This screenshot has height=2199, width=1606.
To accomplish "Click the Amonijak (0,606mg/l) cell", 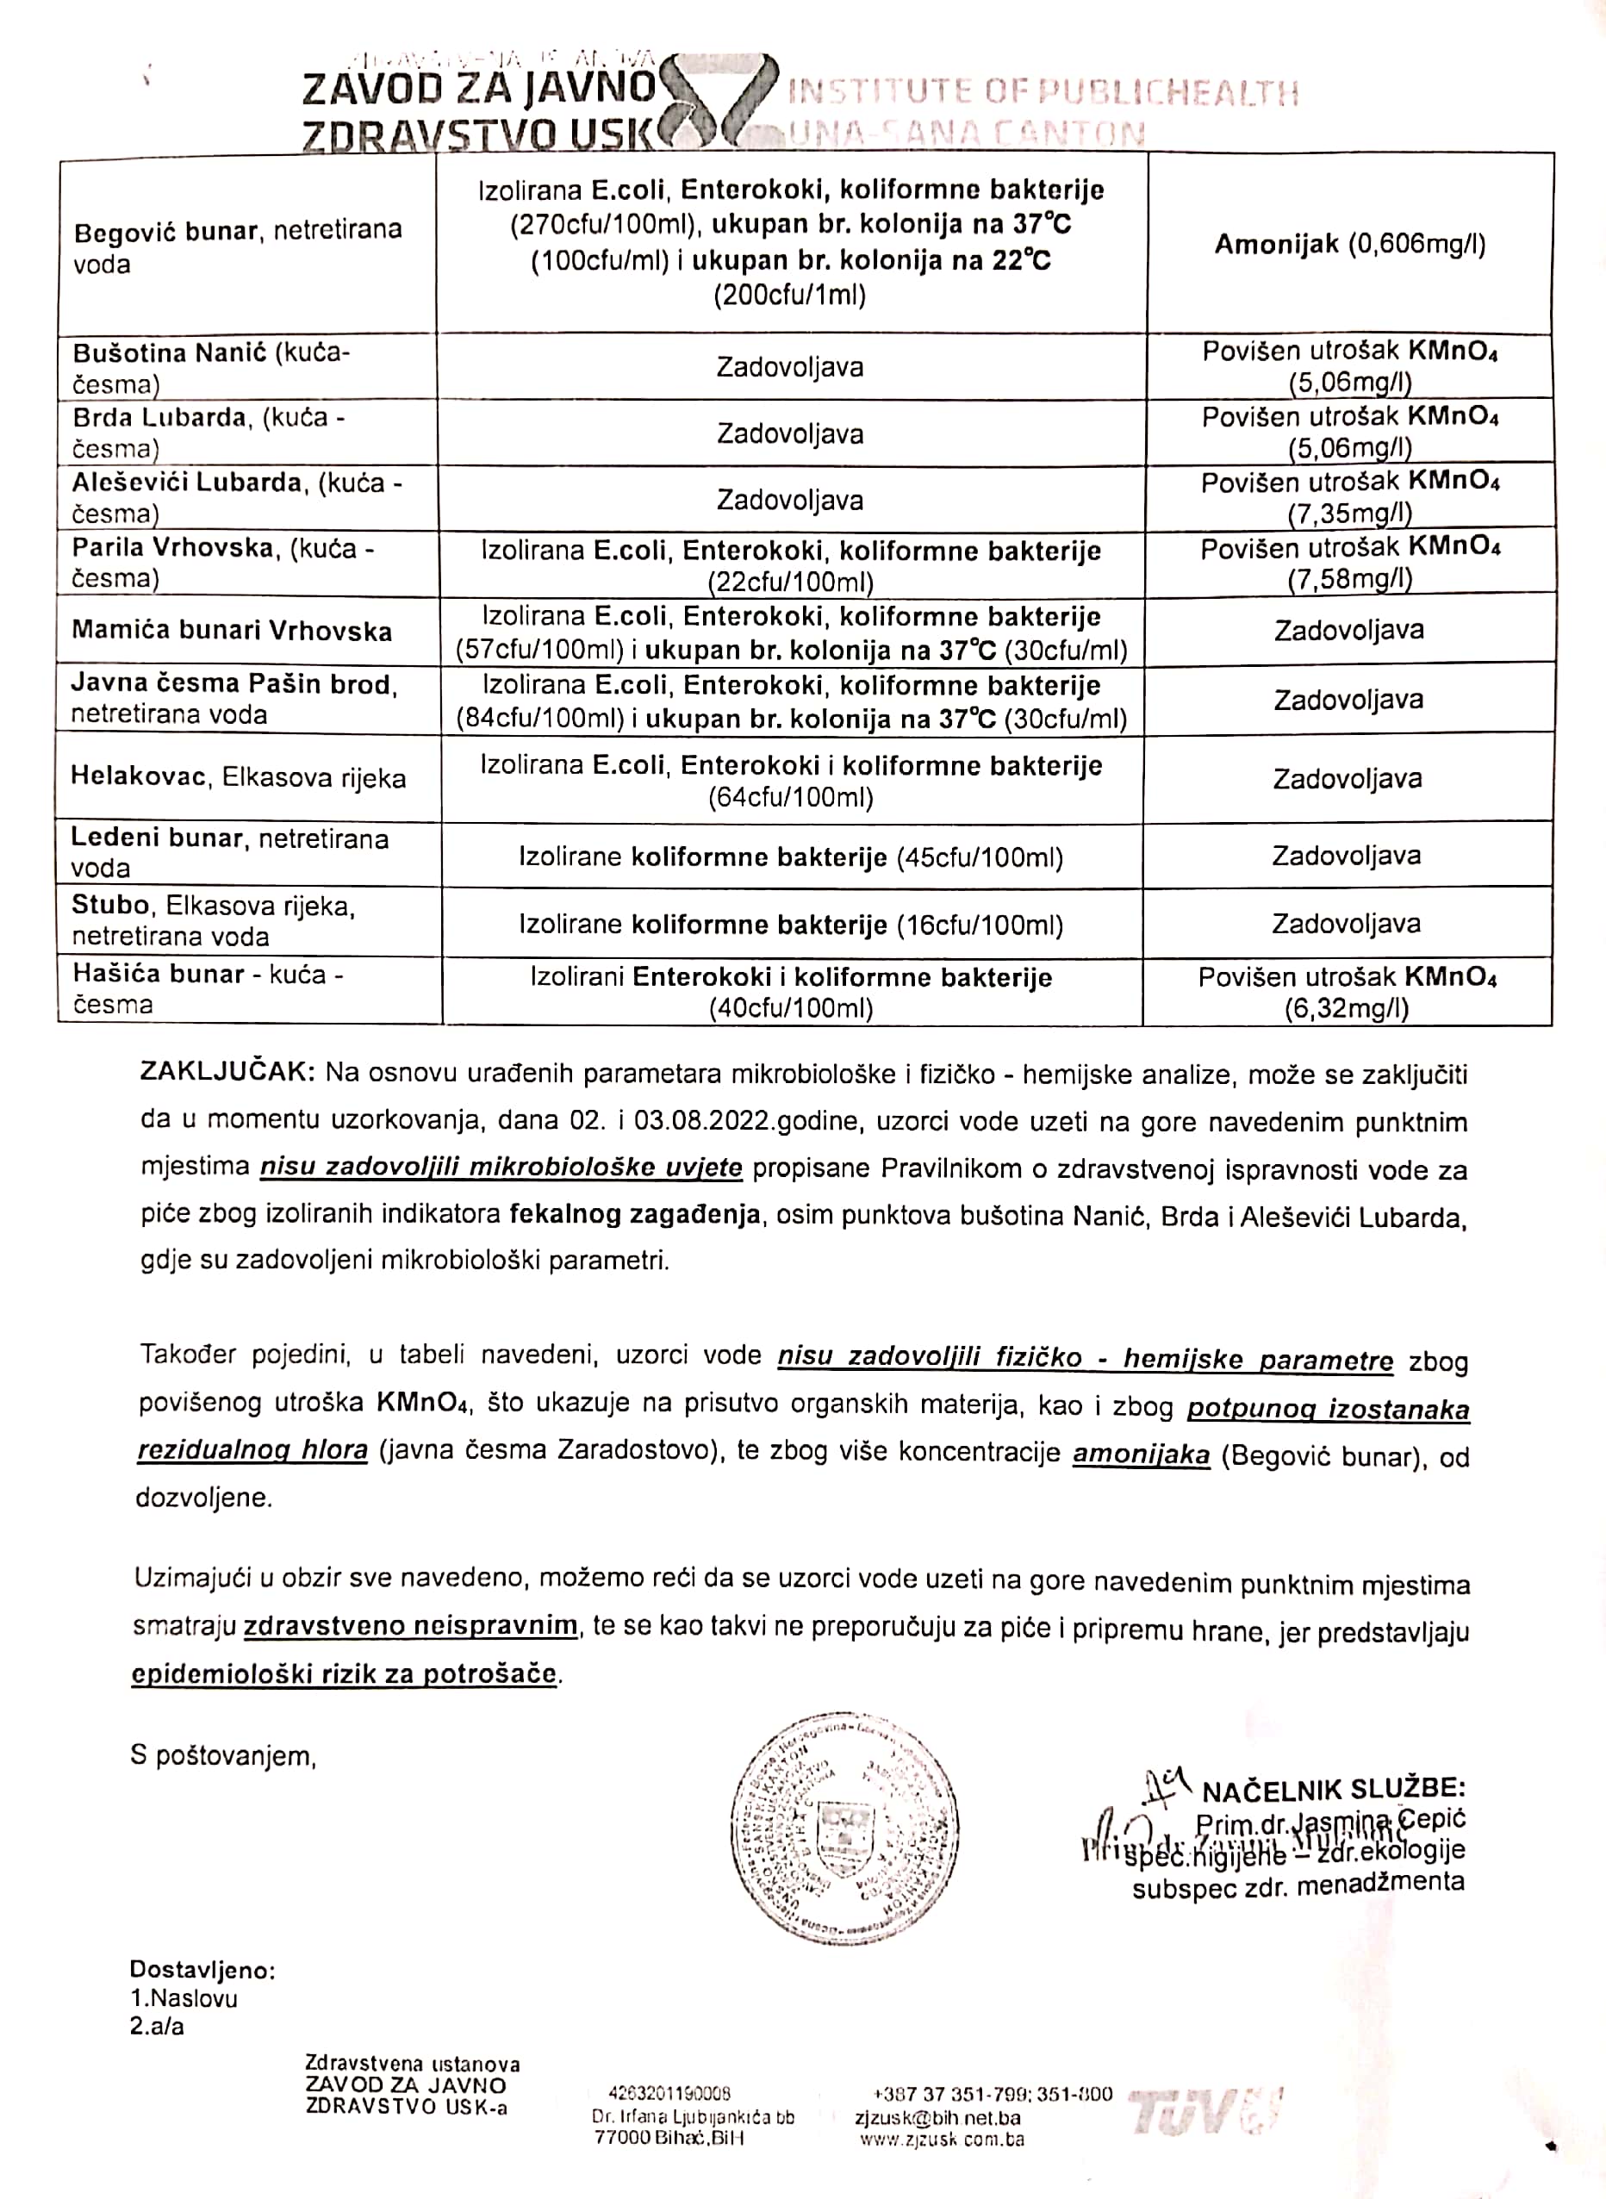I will point(1349,244).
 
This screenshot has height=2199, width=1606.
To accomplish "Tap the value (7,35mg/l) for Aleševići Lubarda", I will point(1349,513).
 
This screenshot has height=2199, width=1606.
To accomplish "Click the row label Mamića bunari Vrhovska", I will point(232,631).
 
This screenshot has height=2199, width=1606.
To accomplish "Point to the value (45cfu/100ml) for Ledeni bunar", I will point(980,857).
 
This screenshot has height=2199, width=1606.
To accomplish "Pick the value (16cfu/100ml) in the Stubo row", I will point(980,925).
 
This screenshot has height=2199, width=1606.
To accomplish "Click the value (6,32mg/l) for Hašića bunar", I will point(1347,1008).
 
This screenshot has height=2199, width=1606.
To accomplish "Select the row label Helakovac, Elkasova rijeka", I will point(237,778).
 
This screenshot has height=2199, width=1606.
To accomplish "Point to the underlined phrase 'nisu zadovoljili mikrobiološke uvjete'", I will point(501,1167).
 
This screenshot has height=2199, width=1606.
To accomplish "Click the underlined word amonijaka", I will point(1142,1455).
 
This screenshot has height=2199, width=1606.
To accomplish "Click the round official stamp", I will point(845,1828).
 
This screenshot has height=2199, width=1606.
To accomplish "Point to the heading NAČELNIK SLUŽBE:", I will point(1334,1790).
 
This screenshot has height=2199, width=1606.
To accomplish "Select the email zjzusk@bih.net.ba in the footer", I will point(937,2118).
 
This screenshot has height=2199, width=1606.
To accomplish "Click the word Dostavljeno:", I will point(202,1971).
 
